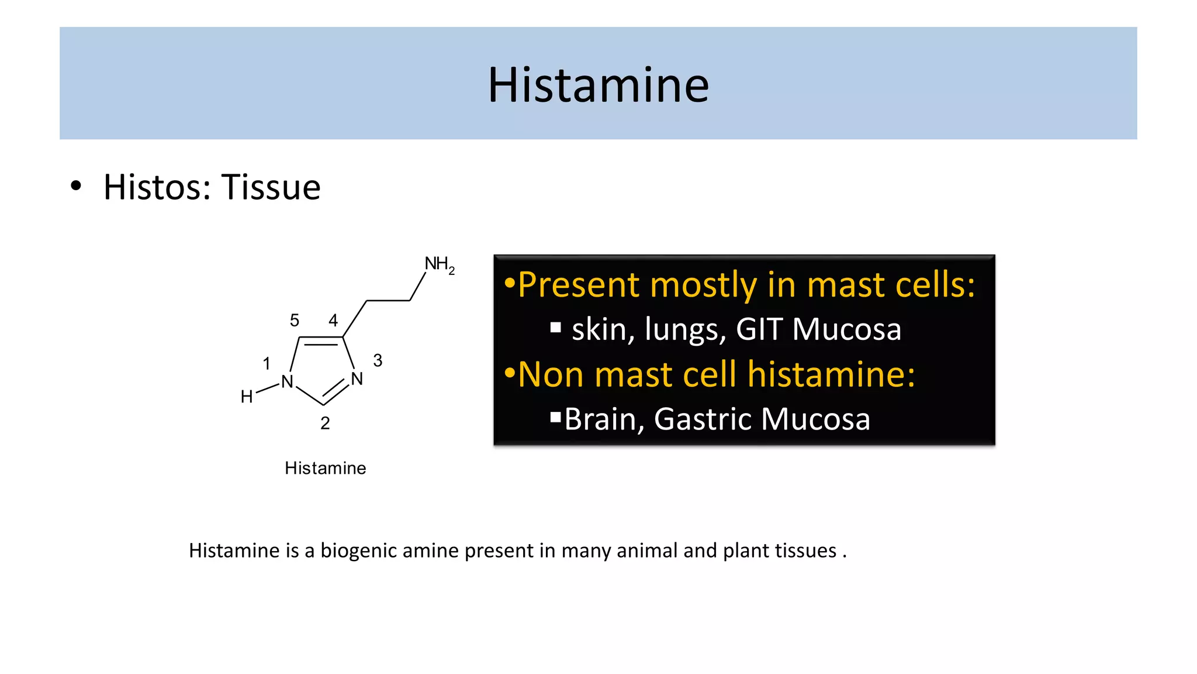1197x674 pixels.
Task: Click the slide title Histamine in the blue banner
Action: pos(598,85)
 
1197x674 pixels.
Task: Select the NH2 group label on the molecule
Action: pos(439,264)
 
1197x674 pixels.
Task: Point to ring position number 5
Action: pos(295,321)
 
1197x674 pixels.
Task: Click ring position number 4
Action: pos(333,321)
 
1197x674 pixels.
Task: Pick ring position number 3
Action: pos(378,360)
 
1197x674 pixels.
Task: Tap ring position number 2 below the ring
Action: pos(325,423)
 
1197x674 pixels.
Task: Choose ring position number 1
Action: pos(267,364)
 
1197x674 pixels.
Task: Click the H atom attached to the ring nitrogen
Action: pos(247,397)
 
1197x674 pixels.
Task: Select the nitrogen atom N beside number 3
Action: pos(357,379)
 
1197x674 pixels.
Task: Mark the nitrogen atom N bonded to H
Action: pos(287,382)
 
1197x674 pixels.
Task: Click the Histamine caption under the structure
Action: pos(325,468)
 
